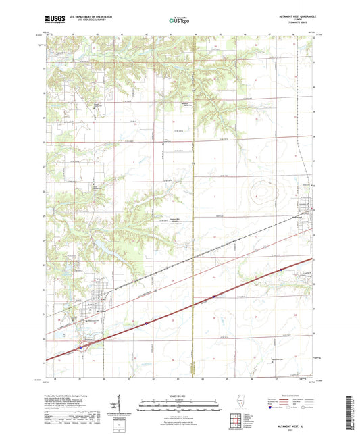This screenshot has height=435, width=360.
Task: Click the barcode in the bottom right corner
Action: [352, 411]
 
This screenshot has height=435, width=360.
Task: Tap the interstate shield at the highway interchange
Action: [81, 347]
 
